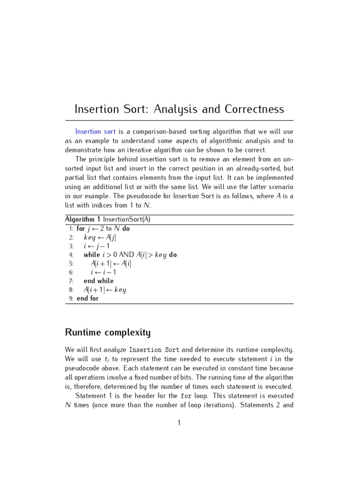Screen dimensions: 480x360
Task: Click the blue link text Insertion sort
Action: (95, 132)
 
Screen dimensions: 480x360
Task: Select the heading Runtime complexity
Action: (107, 333)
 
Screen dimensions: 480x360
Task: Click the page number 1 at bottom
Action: (179, 423)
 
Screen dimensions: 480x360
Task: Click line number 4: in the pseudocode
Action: (71, 255)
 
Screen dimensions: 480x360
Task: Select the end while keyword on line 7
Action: (98, 281)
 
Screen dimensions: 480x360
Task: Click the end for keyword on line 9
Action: (88, 298)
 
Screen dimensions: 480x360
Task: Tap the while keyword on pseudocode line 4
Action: (92, 255)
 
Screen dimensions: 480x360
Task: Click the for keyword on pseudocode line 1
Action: (81, 229)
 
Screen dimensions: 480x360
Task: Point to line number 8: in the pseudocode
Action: (71, 290)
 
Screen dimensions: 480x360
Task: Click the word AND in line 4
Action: (126, 255)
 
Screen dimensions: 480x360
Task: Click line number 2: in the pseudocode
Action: (71, 238)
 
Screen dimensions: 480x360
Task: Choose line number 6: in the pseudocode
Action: (71, 272)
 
